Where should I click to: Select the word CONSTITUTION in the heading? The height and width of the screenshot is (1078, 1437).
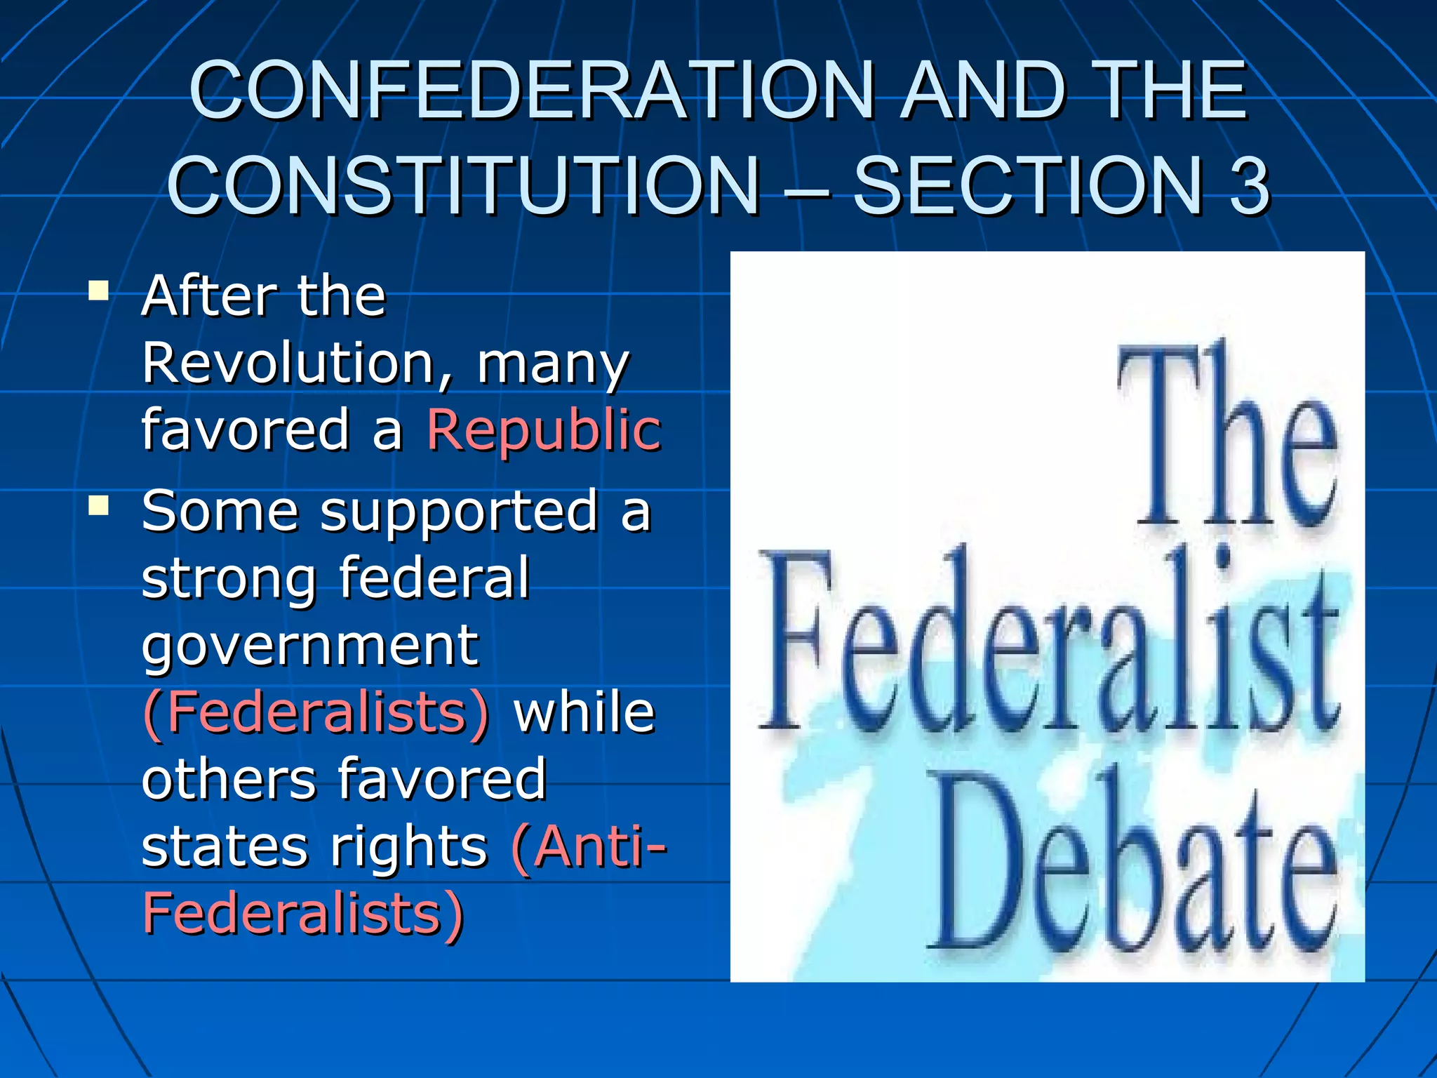464,185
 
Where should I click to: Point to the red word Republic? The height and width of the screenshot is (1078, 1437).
544,430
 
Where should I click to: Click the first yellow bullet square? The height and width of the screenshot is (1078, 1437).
99,291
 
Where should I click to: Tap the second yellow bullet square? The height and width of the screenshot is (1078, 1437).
99,505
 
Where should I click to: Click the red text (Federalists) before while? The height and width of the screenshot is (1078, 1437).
316,712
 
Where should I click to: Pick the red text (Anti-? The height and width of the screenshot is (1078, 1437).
589,846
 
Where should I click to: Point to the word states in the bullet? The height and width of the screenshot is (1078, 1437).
225,846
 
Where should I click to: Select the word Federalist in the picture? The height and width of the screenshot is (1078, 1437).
1049,646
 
